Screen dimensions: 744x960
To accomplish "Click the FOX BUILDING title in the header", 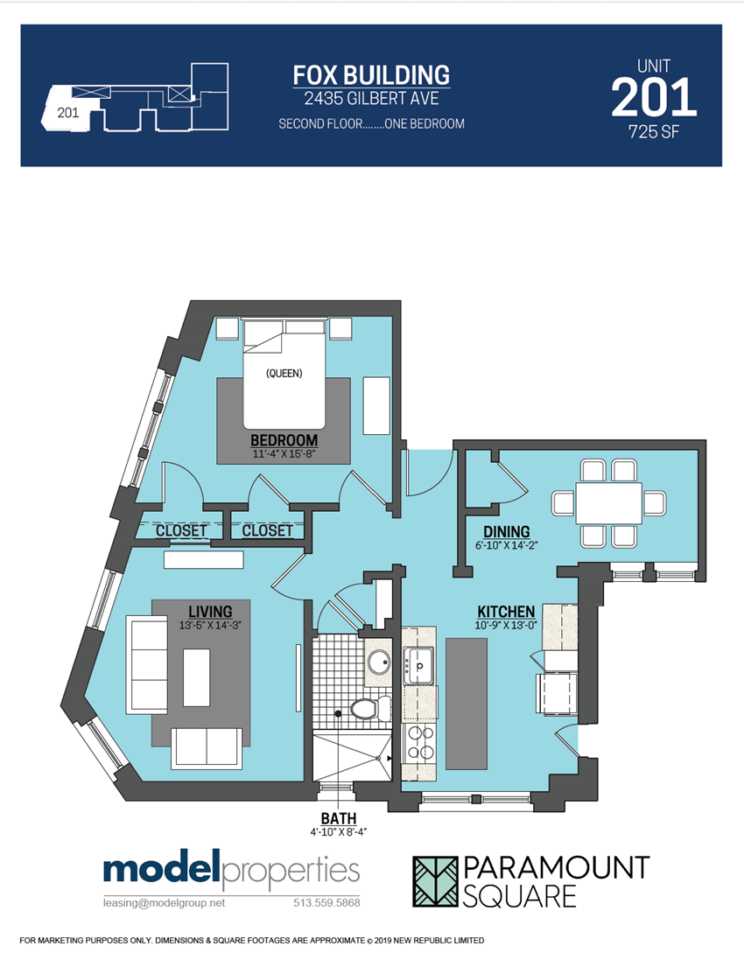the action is pos(371,75).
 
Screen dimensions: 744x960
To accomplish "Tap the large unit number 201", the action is pos(654,97).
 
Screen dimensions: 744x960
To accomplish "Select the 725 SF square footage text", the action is pos(654,131).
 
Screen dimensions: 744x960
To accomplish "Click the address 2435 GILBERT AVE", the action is pos(372,98).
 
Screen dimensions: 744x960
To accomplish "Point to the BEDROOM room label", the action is pos(284,440).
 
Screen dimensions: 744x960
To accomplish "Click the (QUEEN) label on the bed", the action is pos(284,373).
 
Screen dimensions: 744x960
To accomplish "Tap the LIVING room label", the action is pos(210,611).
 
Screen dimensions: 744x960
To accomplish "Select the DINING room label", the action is pos(507,531).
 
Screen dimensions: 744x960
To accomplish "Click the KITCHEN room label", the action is pos(507,611).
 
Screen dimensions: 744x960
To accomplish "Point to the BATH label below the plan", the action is pos(339,818).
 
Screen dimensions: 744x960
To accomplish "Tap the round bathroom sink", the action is pos(379,662).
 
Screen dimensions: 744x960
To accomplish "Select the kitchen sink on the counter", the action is pos(418,666).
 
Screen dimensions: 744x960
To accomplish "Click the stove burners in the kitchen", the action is pos(419,743).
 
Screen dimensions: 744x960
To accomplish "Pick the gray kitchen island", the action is pos(466,704).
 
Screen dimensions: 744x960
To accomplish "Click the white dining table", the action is pos(608,502).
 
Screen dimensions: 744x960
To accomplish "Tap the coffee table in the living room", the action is pos(197,677).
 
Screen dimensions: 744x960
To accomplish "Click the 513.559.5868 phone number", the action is pos(327,903).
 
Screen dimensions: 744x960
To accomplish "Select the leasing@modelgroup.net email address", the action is pos(164,903).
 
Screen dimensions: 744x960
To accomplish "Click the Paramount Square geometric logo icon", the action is pos(435,881).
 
